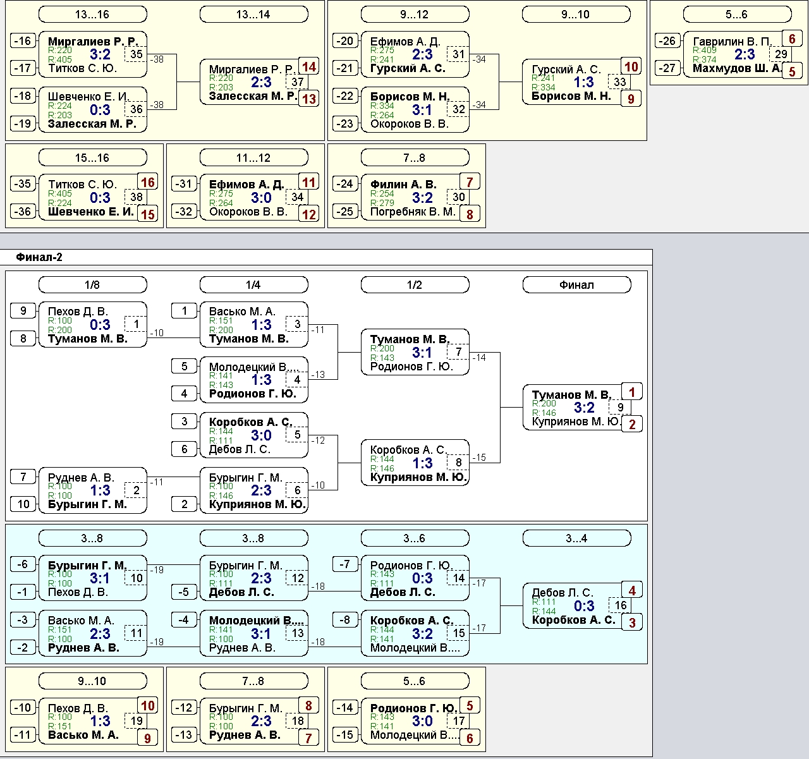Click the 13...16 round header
pyautogui.click(x=92, y=15)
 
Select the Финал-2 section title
pyautogui.click(x=39, y=257)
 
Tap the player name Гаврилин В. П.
pyautogui.click(x=733, y=42)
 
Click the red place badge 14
pyautogui.click(x=309, y=66)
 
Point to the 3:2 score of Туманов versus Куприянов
pyautogui.click(x=584, y=408)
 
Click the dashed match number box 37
pyautogui.click(x=297, y=82)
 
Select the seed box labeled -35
pyautogui.click(x=23, y=184)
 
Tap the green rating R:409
pyautogui.click(x=704, y=50)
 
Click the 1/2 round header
pyautogui.click(x=415, y=285)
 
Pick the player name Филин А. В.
pyautogui.click(x=403, y=185)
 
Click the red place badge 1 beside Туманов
pyautogui.click(x=632, y=392)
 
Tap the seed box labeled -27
pyautogui.click(x=667, y=68)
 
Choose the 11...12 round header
pyautogui.click(x=254, y=157)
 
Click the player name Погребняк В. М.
pyautogui.click(x=413, y=212)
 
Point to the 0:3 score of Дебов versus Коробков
pyautogui.click(x=584, y=606)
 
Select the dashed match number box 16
pyautogui.click(x=621, y=605)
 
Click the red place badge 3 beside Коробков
pyautogui.click(x=632, y=622)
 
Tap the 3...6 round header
pyautogui.click(x=415, y=538)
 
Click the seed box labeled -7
pyautogui.click(x=345, y=564)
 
